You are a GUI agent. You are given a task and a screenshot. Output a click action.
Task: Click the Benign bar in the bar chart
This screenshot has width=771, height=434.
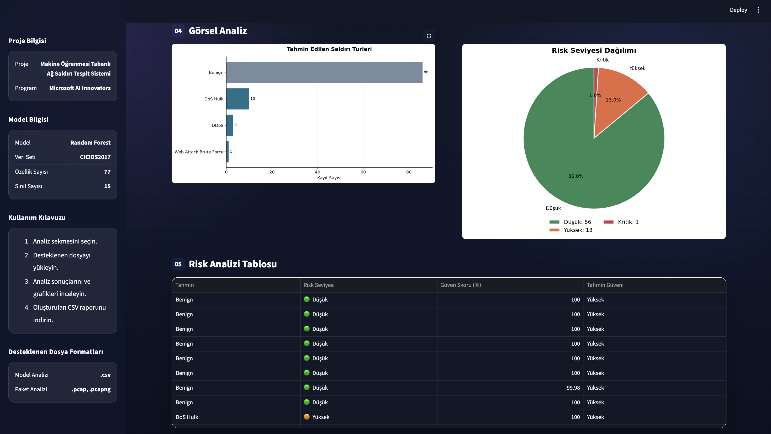tap(324, 72)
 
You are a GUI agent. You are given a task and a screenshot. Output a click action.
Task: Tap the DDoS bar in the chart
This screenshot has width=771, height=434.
tap(230, 125)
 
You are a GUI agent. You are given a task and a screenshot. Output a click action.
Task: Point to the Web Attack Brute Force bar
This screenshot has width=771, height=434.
tap(228, 152)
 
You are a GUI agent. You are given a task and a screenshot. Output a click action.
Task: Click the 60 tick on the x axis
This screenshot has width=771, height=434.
tap(363, 172)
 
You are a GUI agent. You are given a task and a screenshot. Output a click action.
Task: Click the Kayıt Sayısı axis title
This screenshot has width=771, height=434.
tap(329, 178)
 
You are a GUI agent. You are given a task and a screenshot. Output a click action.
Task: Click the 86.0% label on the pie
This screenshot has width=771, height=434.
tap(575, 176)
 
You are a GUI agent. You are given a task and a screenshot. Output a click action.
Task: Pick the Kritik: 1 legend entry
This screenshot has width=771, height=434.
tap(621, 222)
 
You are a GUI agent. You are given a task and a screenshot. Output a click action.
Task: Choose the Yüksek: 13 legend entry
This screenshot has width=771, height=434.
tap(571, 230)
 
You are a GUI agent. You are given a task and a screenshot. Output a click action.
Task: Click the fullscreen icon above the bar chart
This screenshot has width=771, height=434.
tap(429, 36)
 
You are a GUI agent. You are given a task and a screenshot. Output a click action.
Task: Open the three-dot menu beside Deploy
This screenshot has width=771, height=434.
tap(758, 10)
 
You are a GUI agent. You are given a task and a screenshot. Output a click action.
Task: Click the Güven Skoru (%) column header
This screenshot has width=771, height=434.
tap(461, 285)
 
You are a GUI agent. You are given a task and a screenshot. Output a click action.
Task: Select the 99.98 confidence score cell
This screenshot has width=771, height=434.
tap(573, 388)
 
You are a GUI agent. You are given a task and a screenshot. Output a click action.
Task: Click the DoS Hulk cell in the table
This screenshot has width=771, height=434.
tap(187, 417)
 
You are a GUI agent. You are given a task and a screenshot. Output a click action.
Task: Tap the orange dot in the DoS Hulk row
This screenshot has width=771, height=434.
tap(307, 417)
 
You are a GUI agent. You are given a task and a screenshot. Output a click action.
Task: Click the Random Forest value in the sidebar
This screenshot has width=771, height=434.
tap(90, 142)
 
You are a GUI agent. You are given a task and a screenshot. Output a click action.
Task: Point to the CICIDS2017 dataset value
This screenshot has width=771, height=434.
tap(95, 157)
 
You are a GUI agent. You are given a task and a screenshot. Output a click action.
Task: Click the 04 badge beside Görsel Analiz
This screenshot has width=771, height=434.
tap(178, 31)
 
